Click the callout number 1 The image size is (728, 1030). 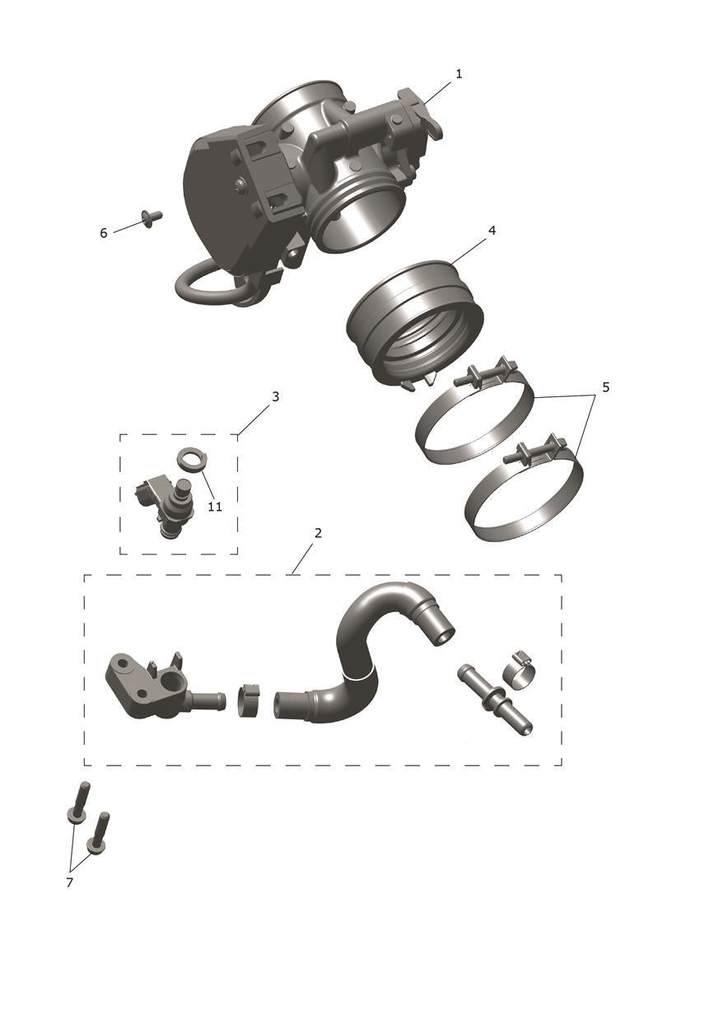tap(458, 73)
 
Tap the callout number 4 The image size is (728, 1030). tap(492, 231)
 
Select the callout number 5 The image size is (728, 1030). tap(606, 387)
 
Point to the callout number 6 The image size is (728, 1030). tap(104, 233)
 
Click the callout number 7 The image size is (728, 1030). tap(69, 883)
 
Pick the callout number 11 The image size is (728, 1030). tap(215, 507)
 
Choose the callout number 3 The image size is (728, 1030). tap(275, 396)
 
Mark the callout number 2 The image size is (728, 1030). tap(318, 533)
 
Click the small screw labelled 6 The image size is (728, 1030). tap(152, 217)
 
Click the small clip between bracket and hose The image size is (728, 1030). tap(249, 701)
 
